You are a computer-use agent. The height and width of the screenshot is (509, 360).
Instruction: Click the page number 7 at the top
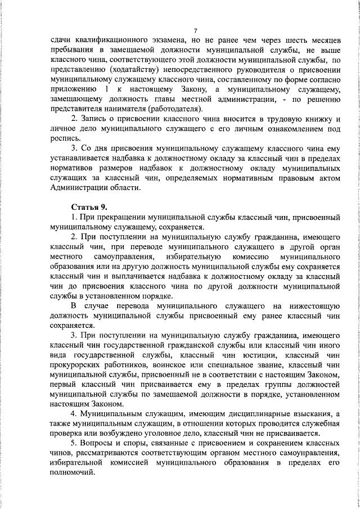point(195,30)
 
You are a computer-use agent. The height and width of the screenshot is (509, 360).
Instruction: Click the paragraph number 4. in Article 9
point(74,413)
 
